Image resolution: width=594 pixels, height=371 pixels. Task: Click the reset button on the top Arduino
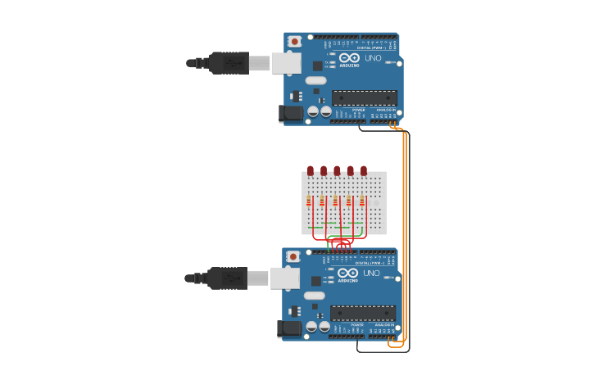click(x=294, y=41)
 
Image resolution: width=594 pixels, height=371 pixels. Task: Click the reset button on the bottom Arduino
click(x=293, y=256)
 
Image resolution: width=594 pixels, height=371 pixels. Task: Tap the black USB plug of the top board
click(x=229, y=63)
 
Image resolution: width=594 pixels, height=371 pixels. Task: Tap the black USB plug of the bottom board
click(x=227, y=278)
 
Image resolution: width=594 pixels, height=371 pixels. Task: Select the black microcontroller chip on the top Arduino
click(x=365, y=97)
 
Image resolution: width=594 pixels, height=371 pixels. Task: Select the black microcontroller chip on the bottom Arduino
click(x=363, y=313)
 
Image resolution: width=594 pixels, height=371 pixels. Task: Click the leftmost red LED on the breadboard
click(x=311, y=170)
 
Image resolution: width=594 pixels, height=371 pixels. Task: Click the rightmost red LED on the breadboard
click(x=364, y=170)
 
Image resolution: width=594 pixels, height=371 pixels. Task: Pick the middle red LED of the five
click(x=337, y=170)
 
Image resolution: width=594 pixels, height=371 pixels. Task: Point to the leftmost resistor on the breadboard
click(x=309, y=201)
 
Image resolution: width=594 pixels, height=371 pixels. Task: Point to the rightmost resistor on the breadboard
click(x=362, y=201)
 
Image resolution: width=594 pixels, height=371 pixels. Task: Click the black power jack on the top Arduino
click(x=290, y=113)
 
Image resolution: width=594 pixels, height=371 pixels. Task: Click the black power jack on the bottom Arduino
click(x=288, y=328)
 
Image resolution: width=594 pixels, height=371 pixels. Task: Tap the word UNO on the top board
click(x=373, y=57)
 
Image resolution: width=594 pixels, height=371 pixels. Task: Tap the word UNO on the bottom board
click(x=371, y=273)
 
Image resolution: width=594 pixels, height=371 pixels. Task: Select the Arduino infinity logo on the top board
click(x=350, y=58)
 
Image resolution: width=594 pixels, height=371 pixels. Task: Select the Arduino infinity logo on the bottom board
click(x=348, y=274)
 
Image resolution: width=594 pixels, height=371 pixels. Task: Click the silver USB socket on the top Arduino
click(x=286, y=63)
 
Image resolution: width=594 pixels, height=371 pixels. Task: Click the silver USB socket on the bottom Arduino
click(x=284, y=278)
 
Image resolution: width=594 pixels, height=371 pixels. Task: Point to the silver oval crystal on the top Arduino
click(x=315, y=80)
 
